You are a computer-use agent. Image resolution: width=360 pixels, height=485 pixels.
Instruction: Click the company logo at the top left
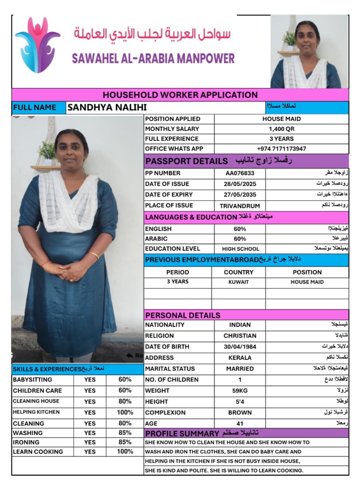click(37, 45)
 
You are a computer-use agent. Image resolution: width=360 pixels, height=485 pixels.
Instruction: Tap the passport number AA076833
click(240, 173)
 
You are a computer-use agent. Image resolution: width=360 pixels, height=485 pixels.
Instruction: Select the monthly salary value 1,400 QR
click(282, 129)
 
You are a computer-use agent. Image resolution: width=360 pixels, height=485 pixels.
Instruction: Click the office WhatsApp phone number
click(282, 149)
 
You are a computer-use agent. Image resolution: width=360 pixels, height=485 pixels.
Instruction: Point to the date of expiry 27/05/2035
click(240, 195)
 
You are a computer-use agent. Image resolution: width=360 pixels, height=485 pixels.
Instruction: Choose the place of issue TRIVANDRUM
click(240, 206)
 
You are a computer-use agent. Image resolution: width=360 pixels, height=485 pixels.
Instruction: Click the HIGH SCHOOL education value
click(240, 249)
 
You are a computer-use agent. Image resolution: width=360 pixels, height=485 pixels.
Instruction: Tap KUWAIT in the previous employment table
click(238, 282)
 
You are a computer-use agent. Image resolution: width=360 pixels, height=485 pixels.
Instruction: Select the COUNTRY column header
click(238, 272)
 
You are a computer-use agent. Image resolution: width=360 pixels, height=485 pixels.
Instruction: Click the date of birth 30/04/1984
click(240, 347)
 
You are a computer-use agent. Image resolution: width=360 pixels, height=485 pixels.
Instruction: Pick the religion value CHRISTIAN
click(240, 336)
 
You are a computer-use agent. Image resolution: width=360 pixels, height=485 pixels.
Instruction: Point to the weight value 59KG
click(240, 391)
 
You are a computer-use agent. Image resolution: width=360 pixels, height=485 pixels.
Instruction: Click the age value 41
click(240, 424)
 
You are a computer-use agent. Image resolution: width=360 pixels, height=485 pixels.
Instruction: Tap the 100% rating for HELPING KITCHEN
click(125, 412)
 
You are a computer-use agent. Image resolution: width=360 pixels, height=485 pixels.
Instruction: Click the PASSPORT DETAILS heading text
click(186, 161)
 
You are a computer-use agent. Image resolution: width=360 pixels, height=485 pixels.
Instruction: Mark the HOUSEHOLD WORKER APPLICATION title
click(180, 95)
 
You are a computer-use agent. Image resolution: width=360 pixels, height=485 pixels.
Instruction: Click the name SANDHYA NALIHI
click(107, 107)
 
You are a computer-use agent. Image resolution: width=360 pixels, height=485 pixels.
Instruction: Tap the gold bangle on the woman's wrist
click(94, 255)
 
